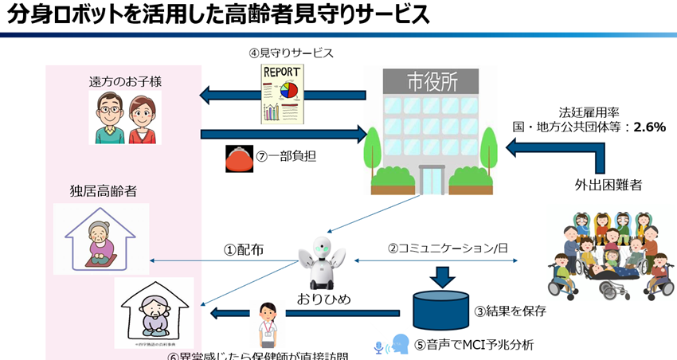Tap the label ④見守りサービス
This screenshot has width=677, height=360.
click(290, 53)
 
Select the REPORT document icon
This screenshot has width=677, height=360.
click(283, 94)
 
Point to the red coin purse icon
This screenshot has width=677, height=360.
click(239, 156)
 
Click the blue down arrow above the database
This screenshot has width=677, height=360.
click(440, 276)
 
